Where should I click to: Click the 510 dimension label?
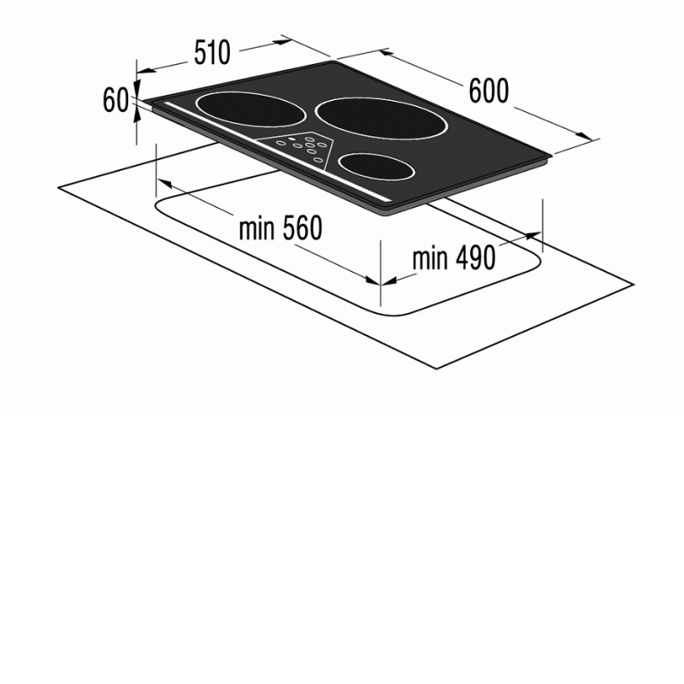[x=212, y=52]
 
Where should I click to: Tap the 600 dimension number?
[x=488, y=91]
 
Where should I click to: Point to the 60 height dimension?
[x=115, y=100]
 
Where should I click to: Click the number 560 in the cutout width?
[x=303, y=227]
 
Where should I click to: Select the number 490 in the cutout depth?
[x=475, y=257]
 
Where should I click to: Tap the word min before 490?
[x=430, y=258]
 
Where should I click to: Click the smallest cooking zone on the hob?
[x=376, y=166]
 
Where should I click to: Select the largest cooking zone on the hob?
[x=381, y=119]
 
